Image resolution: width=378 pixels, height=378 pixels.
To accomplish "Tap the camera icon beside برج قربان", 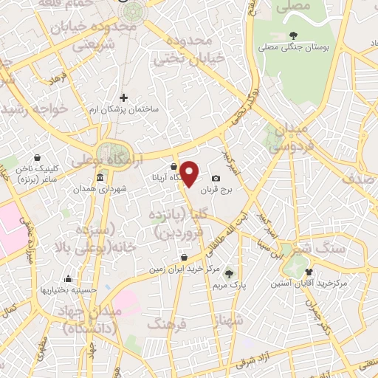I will click(216, 178).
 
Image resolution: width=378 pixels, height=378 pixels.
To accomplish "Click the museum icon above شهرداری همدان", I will click(100, 178).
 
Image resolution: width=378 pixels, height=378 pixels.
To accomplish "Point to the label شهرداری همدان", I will click(100, 190).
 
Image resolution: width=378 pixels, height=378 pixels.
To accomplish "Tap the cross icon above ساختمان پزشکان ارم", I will click(123, 97).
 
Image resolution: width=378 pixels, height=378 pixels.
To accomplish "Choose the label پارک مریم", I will click(228, 284).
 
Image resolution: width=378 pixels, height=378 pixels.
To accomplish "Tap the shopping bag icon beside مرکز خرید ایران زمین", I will click(184, 257).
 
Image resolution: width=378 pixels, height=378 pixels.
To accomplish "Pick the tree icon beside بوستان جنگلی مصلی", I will click(293, 35).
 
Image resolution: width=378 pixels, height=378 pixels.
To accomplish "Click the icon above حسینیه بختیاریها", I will click(68, 278).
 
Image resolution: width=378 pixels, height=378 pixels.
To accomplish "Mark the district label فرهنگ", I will click(165, 323).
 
